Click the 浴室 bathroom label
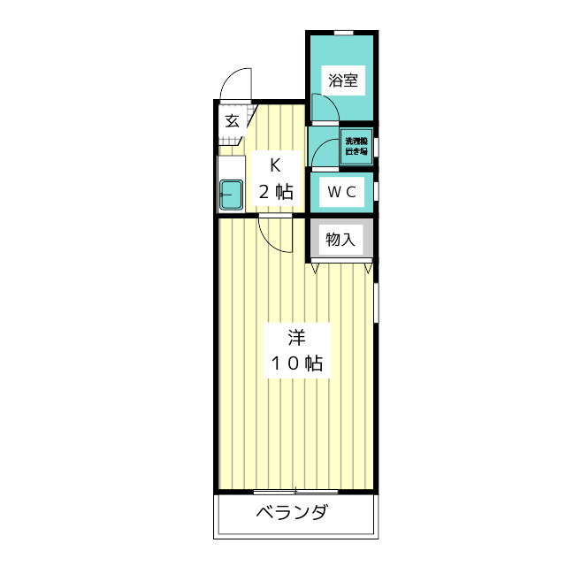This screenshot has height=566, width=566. tap(342, 81)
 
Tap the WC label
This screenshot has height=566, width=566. tap(341, 192)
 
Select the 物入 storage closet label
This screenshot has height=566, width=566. tap(340, 240)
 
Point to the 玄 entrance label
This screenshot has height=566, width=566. tap(232, 121)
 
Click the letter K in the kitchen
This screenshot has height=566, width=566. tap(275, 164)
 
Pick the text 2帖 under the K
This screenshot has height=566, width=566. tap(275, 191)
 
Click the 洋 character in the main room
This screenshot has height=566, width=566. tap(297, 337)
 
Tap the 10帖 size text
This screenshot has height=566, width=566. tap(296, 363)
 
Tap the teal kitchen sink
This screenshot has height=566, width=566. tap(231, 194)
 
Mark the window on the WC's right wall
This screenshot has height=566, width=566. tap(377, 190)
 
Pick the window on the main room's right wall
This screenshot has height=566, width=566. tap(377, 305)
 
